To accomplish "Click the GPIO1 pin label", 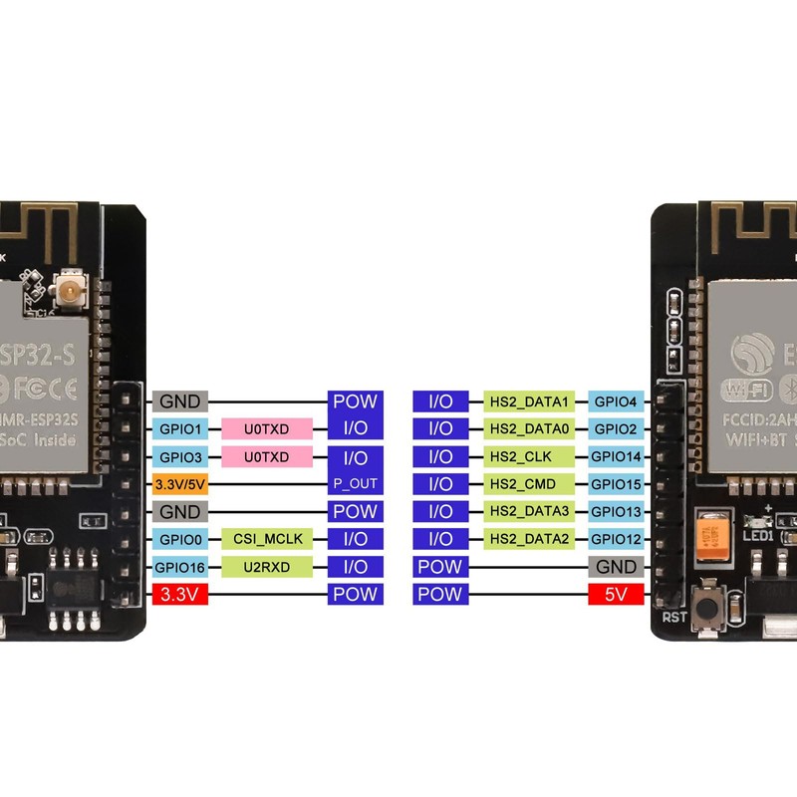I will coord(179,429).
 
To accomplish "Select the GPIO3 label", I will coord(179,457).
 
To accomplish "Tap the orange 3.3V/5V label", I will coord(179,484).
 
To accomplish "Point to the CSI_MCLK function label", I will coord(266,539).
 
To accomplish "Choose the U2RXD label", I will coord(266,567).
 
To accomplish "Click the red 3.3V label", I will coord(179,595).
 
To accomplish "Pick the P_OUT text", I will coord(356,484).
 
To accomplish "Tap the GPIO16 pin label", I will coord(179,567).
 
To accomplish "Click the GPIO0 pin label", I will coord(179,539).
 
